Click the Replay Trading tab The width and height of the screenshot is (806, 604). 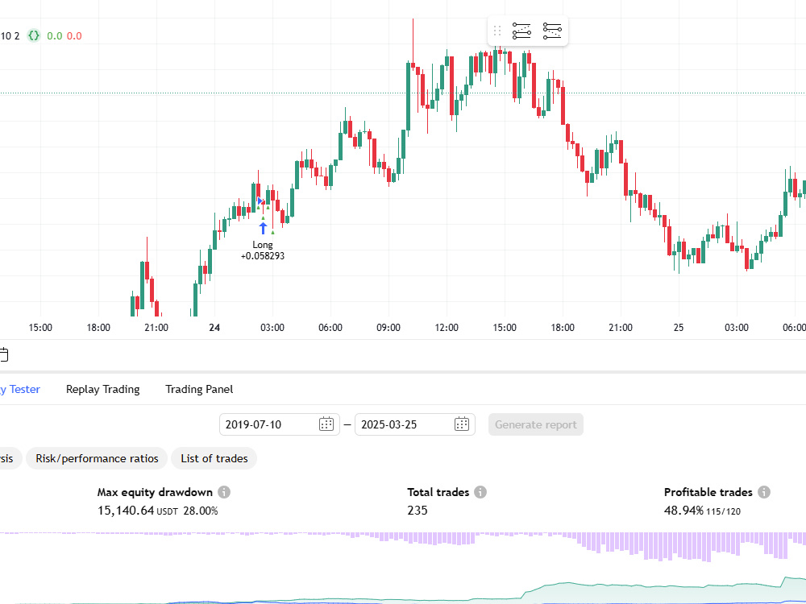point(103,389)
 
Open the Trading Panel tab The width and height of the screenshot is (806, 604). point(199,389)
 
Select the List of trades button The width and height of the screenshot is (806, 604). point(214,458)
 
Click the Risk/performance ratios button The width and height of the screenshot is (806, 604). point(97,458)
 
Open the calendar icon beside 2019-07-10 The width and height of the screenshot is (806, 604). point(326,424)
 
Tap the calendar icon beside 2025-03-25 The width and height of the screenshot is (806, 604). point(462,424)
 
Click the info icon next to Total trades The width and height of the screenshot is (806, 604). point(480,492)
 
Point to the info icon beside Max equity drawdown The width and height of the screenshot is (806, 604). point(224,492)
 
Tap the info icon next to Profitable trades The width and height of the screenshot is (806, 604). point(764,492)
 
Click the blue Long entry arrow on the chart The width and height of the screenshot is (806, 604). point(264,228)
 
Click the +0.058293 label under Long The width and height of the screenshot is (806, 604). point(263,256)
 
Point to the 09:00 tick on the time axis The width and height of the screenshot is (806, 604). point(388,328)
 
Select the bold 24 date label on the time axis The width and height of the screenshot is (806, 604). point(214,328)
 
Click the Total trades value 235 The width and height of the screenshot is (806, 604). point(418,511)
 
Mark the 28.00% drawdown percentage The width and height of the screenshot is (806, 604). point(201,511)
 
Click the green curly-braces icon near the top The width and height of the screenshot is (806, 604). point(33,35)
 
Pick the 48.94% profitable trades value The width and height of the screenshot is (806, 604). point(683,511)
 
